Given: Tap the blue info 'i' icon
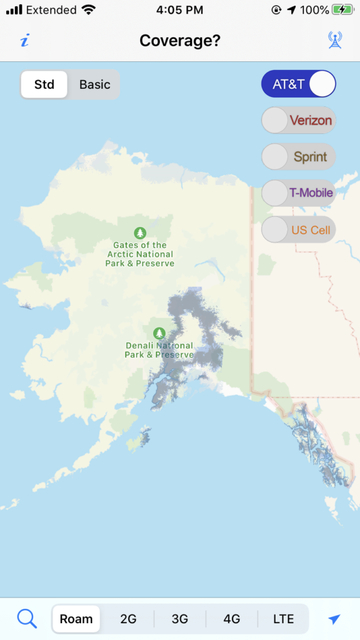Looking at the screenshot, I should pos(24,41).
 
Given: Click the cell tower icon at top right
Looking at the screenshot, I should pos(335,41).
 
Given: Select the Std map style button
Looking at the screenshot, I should pos(44,84).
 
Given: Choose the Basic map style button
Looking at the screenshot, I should pos(94,84).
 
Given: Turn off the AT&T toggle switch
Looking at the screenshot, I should pos(299,84).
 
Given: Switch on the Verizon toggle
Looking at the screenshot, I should pos(299,120).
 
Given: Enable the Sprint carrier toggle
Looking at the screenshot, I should pos(299,156).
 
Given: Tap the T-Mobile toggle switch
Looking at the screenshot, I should pos(299,193).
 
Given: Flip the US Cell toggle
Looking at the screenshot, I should pos(299,230).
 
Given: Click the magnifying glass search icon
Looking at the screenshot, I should pos(27,619).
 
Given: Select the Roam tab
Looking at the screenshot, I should pos(76,619).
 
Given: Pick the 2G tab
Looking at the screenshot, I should pos(128,619).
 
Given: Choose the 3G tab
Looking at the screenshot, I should pos(180,619).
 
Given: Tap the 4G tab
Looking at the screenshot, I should pos(232,619).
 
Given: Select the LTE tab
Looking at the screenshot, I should pos(283,619).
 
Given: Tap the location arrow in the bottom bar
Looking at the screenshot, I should pos(334,619).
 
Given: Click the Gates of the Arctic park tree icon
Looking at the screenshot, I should pos(140,233).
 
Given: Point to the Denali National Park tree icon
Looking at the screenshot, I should pos(159,333).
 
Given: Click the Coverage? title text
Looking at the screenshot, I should pos(180,41).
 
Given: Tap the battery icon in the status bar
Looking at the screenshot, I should pos(342,10).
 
